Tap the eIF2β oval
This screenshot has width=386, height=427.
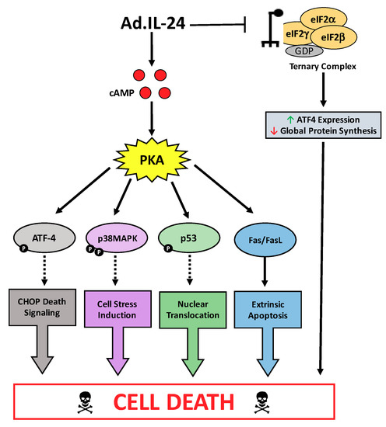[x=336, y=37]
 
